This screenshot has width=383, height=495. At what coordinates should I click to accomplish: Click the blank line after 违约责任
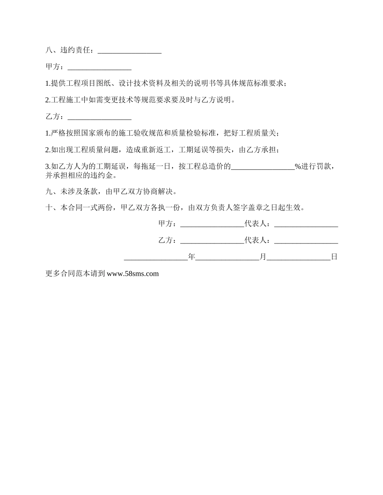tap(129, 51)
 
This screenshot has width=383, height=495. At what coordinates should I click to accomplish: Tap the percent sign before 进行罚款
tap(298, 167)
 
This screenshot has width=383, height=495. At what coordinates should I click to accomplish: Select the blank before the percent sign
tap(263, 167)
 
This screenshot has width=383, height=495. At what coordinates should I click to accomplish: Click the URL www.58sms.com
tap(133, 274)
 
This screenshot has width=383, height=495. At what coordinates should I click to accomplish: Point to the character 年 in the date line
tap(191, 257)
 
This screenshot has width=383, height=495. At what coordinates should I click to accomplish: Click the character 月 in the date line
tap(263, 257)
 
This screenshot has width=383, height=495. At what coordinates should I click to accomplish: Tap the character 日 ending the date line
tap(334, 257)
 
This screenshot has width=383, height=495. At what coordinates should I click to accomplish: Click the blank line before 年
tap(156, 258)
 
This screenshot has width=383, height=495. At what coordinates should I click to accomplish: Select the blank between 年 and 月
tap(227, 258)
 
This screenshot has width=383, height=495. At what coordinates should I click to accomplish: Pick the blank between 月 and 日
tap(298, 258)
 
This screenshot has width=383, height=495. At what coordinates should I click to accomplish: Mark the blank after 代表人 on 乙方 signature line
tap(306, 241)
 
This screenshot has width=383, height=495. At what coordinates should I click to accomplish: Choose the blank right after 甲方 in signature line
tap(212, 225)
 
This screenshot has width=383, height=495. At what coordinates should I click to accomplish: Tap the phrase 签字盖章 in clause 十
tap(248, 208)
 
